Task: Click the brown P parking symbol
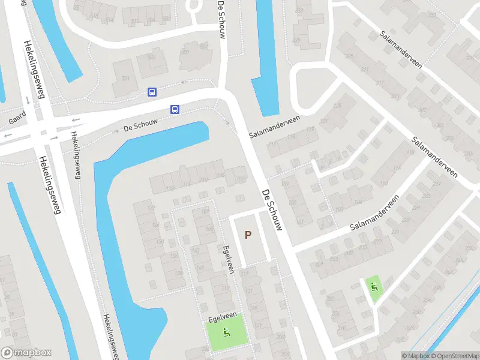(248, 235)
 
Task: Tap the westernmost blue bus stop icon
(152, 92)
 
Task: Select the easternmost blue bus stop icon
(175, 109)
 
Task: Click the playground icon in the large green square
(227, 332)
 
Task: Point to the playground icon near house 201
(374, 285)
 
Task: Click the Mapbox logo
(26, 353)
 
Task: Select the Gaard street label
(16, 118)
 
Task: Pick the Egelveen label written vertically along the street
(227, 259)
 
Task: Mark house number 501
(125, 79)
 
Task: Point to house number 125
(337, 106)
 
